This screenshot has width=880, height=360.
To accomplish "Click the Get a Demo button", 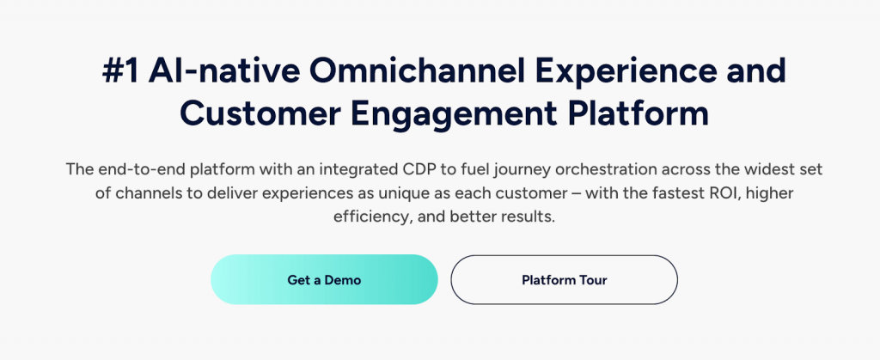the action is point(324,280).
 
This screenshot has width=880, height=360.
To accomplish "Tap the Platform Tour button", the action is point(564,280).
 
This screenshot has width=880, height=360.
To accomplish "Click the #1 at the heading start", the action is point(120,72).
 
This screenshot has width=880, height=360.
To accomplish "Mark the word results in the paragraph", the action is point(528,217).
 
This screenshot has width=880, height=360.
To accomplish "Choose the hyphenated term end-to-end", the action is point(135,169).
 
